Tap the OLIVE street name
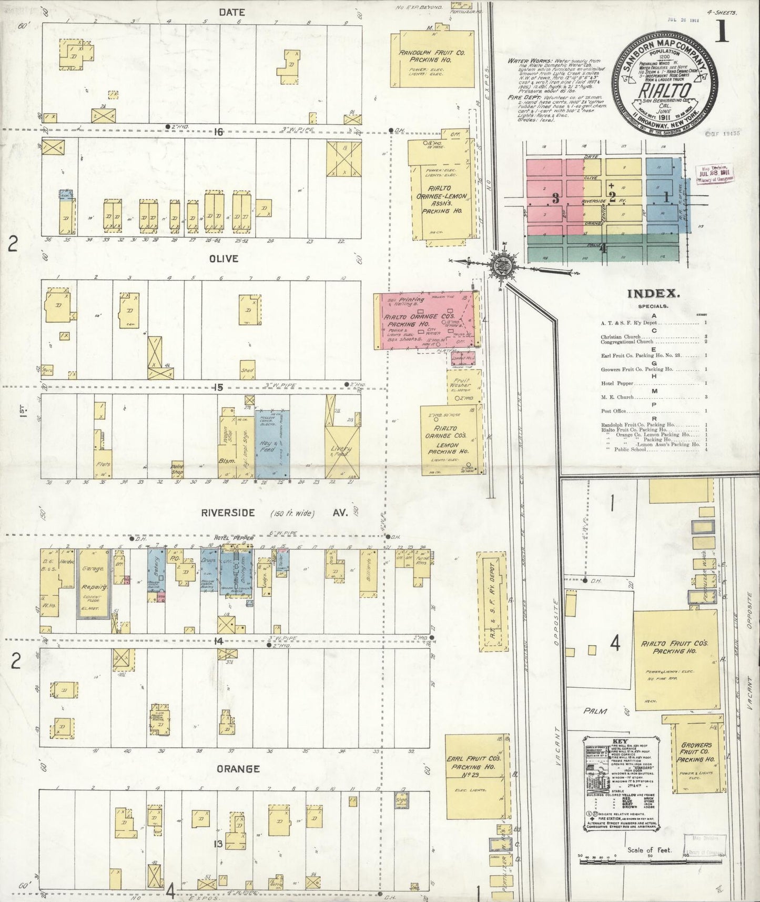pos(224,259)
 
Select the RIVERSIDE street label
pos(228,513)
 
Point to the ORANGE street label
pos(238,769)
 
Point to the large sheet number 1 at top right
pos(722,32)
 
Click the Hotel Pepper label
pos(234,538)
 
